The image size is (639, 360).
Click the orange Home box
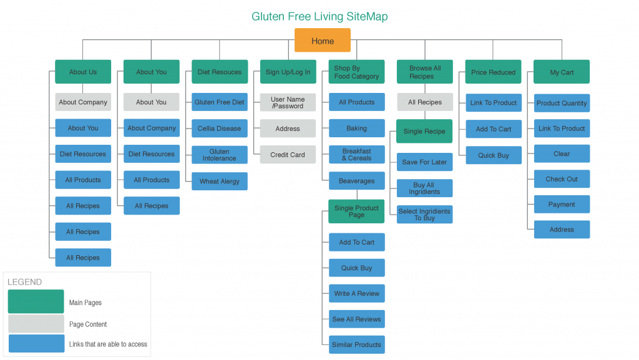point(322,41)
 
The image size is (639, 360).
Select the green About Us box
point(83,72)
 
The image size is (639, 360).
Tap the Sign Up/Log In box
point(288,72)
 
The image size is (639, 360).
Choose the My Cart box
point(562,72)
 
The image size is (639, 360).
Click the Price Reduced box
point(493,72)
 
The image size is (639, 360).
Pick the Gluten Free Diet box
point(220,102)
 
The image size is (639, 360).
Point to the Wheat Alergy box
point(220,182)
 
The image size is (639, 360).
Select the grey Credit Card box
point(288,155)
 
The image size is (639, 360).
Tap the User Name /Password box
point(288,102)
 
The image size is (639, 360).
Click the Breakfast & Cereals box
point(356,155)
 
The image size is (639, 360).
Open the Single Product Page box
point(356,212)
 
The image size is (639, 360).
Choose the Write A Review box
point(356,293)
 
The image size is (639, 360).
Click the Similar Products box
point(356,344)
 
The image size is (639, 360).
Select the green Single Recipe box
point(424,132)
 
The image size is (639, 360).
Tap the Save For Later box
point(424,162)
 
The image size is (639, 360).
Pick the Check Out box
point(562,179)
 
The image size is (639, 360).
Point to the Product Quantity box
point(562,104)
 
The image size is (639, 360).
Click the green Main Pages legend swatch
point(36,302)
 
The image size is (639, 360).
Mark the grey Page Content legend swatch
point(36,324)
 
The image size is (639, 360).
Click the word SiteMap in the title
point(367,17)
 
